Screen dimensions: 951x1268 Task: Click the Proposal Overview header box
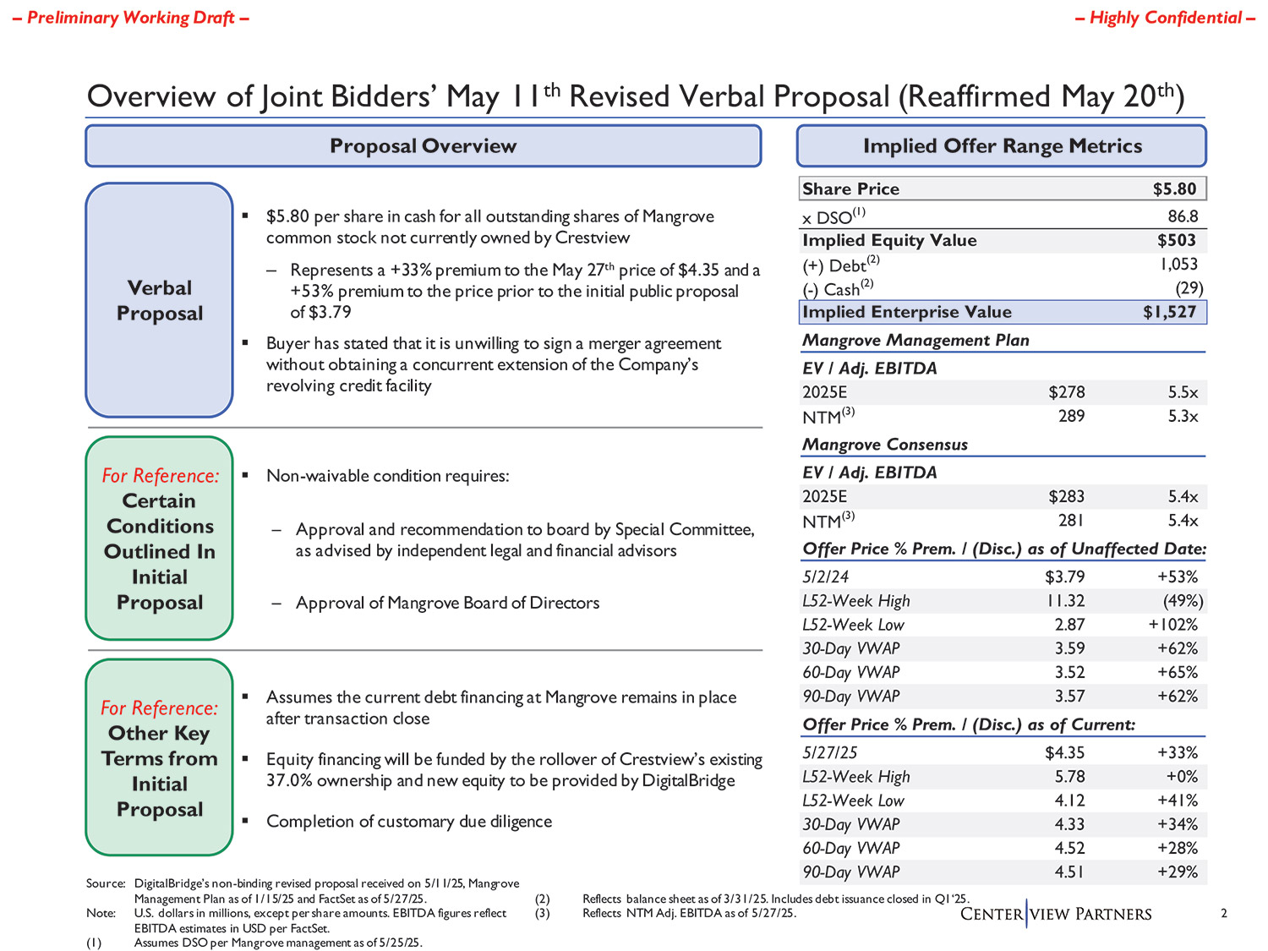pos(423,146)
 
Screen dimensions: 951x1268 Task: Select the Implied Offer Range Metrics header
pos(1002,146)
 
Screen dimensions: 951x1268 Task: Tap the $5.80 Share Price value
pos(1174,189)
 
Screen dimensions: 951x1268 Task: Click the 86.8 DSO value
pos(1183,216)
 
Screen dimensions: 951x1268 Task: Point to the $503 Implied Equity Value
pos(1177,241)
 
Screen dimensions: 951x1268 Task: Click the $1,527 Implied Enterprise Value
pos(1169,312)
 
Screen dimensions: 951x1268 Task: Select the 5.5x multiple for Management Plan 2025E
pos(1183,392)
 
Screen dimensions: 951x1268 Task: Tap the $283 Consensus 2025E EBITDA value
pos(1066,496)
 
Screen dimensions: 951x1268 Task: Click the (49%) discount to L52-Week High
pos(1183,601)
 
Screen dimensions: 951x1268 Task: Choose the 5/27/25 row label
pos(825,752)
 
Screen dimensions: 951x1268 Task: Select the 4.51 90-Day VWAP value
pos(1069,872)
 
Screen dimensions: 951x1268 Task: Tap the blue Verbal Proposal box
pos(159,300)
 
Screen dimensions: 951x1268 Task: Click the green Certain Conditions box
pos(159,538)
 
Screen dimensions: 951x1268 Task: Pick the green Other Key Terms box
pos(159,757)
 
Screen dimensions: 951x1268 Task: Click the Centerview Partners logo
pos(1056,914)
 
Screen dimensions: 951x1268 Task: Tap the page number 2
pos(1224,913)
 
